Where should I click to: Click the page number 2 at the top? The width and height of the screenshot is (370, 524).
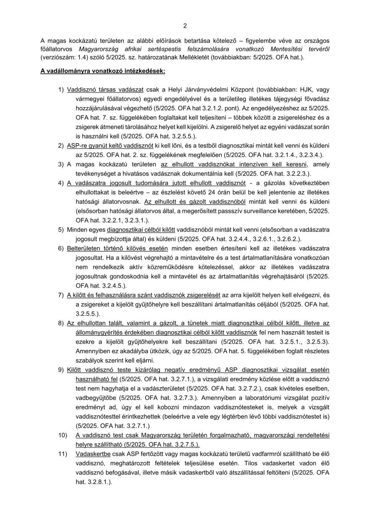pyautogui.click(x=185, y=26)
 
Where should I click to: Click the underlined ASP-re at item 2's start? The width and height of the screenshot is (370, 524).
pyautogui.click(x=77, y=146)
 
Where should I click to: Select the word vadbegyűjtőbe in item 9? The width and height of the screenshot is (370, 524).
pyautogui.click(x=92, y=397)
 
